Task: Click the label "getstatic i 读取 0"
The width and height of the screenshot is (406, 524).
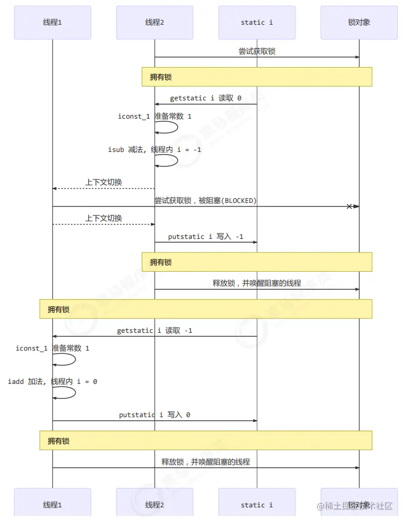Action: pyautogui.click(x=206, y=98)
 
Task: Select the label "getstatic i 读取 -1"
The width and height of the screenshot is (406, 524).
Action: pyautogui.click(x=155, y=331)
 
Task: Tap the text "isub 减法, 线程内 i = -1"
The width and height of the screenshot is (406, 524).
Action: pyautogui.click(x=155, y=150)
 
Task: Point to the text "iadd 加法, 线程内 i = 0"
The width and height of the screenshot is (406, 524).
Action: pyautogui.click(x=53, y=382)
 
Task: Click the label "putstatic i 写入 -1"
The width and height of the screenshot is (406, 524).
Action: pyautogui.click(x=206, y=236)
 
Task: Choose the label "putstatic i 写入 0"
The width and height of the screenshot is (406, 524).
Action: pyautogui.click(x=155, y=415)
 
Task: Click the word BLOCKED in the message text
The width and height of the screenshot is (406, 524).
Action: pyautogui.click(x=239, y=200)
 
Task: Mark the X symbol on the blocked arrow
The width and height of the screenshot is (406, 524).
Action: pyautogui.click(x=349, y=206)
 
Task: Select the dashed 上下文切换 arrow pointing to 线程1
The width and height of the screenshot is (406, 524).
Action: pyautogui.click(x=104, y=188)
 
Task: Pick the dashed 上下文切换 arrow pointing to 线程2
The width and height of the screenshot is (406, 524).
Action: pyautogui.click(x=104, y=224)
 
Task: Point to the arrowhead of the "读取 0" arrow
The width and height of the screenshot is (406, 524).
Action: pyautogui.click(x=157, y=104)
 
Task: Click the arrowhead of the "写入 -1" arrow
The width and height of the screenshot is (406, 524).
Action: pyautogui.click(x=255, y=242)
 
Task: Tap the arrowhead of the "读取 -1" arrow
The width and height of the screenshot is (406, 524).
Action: pyautogui.click(x=55, y=337)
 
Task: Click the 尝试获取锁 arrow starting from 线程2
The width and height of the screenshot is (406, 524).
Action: pyautogui.click(x=257, y=57)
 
